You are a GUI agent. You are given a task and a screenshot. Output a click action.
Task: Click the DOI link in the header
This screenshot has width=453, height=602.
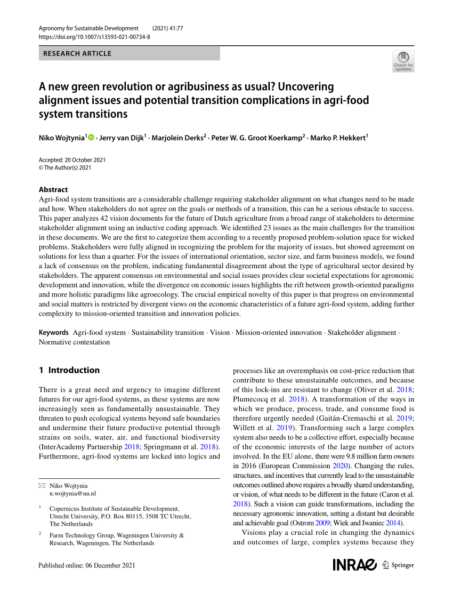94,37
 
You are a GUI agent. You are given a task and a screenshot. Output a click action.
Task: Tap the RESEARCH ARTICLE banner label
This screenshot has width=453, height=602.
77,53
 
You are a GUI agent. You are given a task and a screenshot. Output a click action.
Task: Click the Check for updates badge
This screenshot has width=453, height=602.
403,61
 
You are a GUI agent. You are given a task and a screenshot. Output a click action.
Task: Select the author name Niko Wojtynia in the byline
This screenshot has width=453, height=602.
61,138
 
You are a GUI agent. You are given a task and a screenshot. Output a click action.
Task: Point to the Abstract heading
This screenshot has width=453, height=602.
53,189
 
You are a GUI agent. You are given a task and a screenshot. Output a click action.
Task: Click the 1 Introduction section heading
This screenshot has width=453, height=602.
69,370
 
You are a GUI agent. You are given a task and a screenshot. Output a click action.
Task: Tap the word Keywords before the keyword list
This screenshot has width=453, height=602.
53,332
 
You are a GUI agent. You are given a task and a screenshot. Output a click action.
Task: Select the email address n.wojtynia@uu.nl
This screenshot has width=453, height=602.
72,494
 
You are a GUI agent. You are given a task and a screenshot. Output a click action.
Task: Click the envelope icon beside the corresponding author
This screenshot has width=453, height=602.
42,486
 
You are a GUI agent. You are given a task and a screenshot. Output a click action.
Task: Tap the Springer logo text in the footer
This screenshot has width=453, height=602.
402,565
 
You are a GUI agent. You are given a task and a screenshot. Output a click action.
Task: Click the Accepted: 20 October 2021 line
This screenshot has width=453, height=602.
72,160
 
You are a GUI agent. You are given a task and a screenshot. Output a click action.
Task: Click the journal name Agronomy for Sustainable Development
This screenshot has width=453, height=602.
88,28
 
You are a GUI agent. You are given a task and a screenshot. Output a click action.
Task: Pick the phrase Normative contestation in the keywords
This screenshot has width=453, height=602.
74,342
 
